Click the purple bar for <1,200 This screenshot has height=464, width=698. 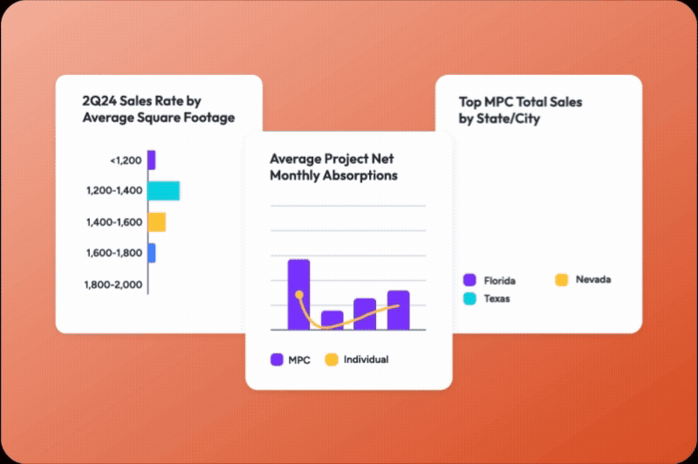(x=151, y=160)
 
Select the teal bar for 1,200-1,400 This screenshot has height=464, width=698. (x=163, y=191)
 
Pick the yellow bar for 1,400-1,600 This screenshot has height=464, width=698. (x=156, y=222)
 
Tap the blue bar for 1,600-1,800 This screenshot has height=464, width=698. (x=152, y=253)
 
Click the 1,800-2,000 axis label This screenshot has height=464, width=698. (x=113, y=284)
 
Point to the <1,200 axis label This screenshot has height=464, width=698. (x=126, y=160)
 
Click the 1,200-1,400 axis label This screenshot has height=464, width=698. (x=113, y=191)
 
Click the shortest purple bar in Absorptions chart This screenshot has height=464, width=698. (x=332, y=319)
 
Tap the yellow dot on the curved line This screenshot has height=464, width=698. (x=299, y=295)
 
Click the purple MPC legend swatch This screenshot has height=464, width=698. (x=277, y=359)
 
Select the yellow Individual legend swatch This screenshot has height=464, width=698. (x=331, y=359)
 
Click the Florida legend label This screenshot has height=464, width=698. (x=500, y=281)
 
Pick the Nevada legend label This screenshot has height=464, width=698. (x=593, y=280)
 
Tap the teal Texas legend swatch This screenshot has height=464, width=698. (x=469, y=297)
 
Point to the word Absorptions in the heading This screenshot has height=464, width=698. (x=358, y=175)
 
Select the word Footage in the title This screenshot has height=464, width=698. (x=207, y=118)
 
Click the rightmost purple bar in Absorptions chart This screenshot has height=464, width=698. (x=398, y=310)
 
